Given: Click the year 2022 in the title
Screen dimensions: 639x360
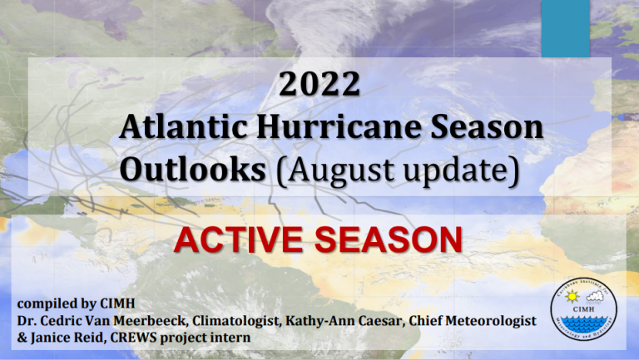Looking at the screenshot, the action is click(x=319, y=84).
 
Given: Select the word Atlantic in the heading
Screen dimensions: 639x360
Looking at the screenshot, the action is click(x=184, y=126).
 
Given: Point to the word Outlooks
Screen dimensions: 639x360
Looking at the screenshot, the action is click(x=193, y=169).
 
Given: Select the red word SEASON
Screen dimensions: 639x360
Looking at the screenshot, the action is click(x=389, y=240).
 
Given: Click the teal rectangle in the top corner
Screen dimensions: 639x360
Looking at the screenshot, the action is click(x=566, y=28).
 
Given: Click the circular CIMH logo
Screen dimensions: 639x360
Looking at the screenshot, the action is click(x=583, y=309).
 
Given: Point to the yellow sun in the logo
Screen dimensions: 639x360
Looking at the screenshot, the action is click(x=572, y=297).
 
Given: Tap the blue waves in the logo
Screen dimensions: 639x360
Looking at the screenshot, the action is click(x=583, y=323).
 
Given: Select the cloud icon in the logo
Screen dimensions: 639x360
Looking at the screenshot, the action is click(x=595, y=297).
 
